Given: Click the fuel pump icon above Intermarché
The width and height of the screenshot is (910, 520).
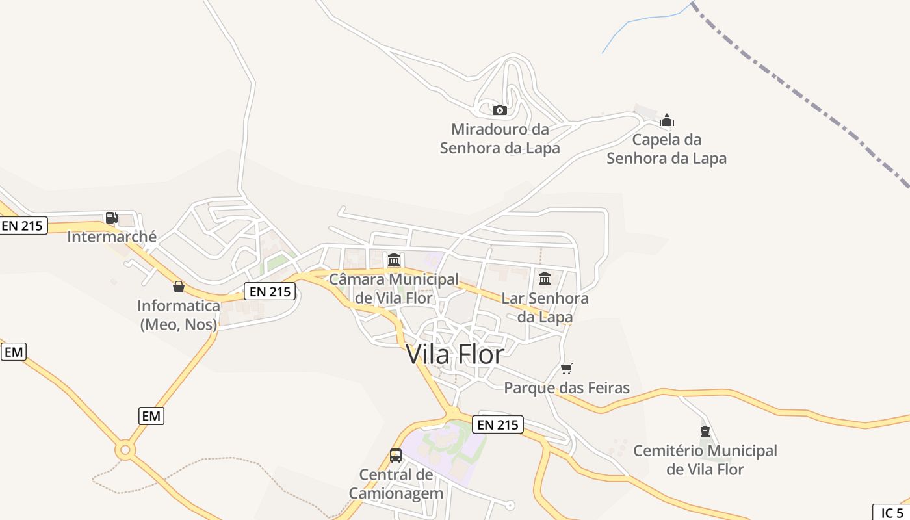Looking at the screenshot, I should [111, 218].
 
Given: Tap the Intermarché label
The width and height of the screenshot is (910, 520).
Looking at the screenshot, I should [112, 237].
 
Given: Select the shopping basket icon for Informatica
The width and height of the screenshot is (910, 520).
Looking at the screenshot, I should [179, 287].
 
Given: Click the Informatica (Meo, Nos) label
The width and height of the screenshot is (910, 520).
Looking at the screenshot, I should [179, 315].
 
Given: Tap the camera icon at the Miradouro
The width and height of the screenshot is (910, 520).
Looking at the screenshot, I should [499, 110].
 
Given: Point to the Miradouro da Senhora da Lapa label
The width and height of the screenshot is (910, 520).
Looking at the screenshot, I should [500, 138].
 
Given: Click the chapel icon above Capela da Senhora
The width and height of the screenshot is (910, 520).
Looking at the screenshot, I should [667, 121].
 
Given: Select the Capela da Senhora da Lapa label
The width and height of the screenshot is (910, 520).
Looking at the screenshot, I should [667, 149].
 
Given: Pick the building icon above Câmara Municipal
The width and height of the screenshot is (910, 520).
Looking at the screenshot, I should [393, 260].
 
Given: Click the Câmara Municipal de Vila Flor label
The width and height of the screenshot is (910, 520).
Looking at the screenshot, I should [394, 289].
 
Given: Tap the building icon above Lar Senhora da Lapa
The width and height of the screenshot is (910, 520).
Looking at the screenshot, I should [545, 279].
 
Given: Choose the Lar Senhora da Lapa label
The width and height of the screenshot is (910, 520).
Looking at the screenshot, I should [545, 307].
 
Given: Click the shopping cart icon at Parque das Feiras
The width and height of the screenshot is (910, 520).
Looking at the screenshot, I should [567, 369].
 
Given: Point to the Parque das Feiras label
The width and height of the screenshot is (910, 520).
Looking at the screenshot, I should [567, 388].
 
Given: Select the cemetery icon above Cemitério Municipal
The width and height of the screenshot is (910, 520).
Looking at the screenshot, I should [705, 432].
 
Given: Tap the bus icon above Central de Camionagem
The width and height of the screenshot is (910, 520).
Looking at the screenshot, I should [396, 456].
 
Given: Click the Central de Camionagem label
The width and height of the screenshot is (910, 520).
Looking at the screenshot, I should [396, 484].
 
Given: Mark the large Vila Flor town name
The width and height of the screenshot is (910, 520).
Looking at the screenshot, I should [455, 354].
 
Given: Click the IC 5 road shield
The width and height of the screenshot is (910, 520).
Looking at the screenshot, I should [892, 512].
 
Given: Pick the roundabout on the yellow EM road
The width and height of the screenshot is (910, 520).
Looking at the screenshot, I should [125, 449].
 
